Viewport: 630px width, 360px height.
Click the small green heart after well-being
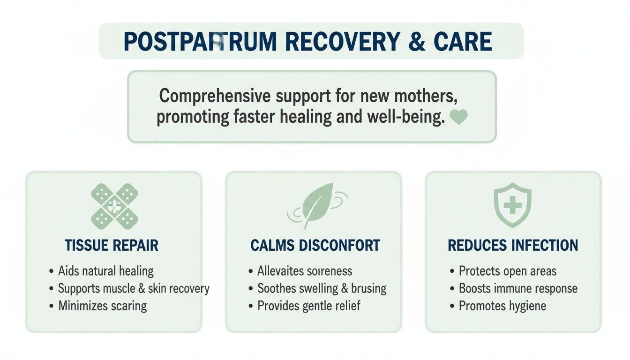point(458,117)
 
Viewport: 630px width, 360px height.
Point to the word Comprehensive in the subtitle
point(215,96)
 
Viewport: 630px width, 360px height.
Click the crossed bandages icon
point(114,206)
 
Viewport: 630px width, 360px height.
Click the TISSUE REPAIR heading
point(112,245)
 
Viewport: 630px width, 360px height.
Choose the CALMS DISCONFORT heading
point(315,245)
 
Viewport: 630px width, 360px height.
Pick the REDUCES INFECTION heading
point(513,245)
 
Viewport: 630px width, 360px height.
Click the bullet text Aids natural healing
point(105,271)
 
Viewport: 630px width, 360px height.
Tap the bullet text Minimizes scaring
point(102,306)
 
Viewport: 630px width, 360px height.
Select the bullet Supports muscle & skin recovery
point(134,288)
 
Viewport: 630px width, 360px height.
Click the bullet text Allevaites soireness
point(305,271)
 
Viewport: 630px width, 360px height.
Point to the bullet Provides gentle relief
point(309,306)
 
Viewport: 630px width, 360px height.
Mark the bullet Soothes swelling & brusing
point(322,288)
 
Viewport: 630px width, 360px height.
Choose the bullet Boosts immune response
point(518,288)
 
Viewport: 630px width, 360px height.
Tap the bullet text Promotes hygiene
point(502,306)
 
